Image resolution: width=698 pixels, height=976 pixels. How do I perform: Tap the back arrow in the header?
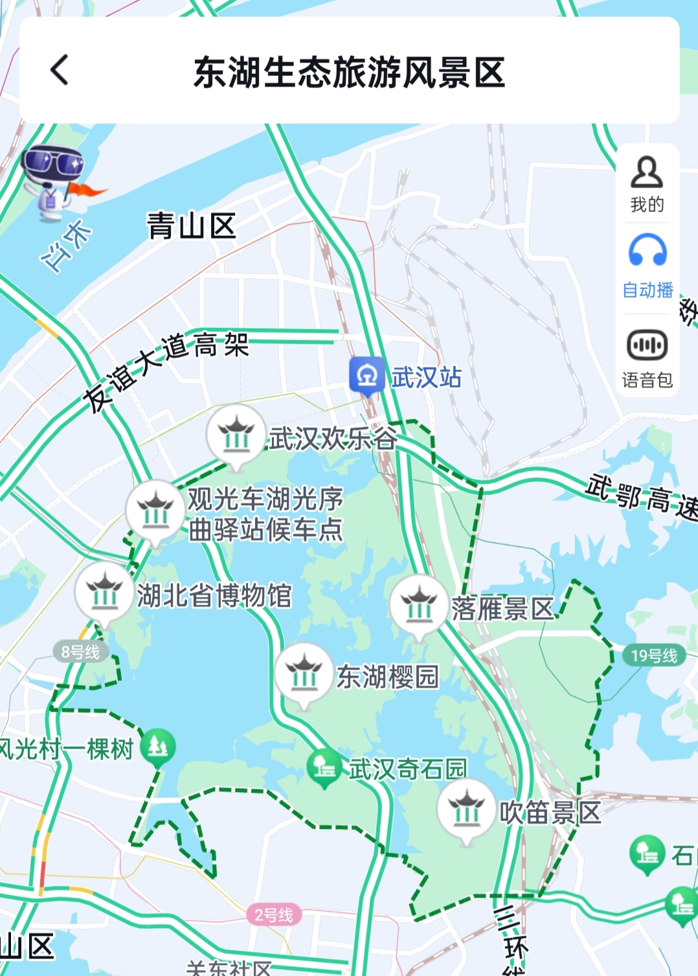60,70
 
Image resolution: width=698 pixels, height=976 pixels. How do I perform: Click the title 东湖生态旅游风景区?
349,71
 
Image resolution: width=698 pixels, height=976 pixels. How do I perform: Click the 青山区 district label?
191,226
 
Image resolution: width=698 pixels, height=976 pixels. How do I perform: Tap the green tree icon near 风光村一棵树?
157,747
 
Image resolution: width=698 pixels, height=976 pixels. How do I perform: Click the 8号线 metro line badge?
80,652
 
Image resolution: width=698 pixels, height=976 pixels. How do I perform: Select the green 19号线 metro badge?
653,656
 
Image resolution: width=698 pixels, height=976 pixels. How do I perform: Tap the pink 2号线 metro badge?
273,915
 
